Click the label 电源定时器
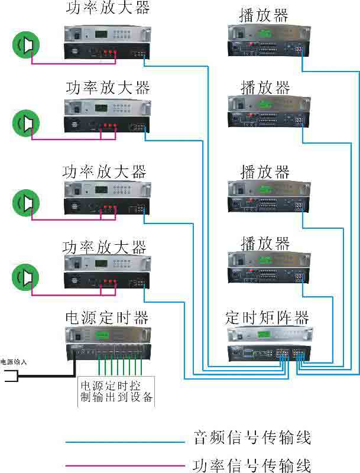(x=106, y=317)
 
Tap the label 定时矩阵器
(x=267, y=317)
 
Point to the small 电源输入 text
(x=14, y=361)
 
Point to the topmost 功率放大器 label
(x=108, y=8)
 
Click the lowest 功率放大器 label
(x=104, y=246)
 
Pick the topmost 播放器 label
(x=264, y=15)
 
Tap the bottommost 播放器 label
(x=265, y=242)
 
